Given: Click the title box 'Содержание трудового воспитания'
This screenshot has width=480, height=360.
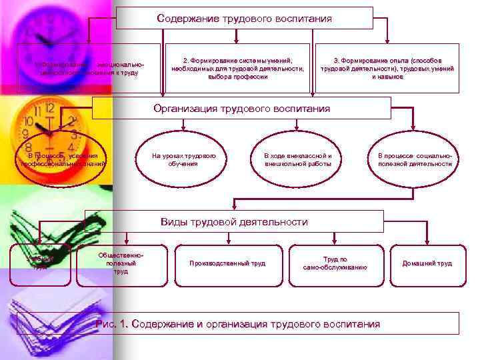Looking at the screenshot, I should (244, 19).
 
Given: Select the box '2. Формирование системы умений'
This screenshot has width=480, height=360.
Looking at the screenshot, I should (237, 68).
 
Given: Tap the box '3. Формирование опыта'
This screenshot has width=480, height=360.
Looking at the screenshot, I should (387, 68).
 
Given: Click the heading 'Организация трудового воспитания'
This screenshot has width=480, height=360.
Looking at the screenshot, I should (241, 108).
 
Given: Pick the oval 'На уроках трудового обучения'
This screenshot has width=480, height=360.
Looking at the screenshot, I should (183, 159).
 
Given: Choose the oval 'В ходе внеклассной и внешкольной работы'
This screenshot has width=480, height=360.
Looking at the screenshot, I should (297, 159).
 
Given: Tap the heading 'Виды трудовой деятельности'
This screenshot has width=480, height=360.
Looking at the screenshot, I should (234, 221).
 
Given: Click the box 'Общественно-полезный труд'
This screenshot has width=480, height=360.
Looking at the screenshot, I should (121, 263).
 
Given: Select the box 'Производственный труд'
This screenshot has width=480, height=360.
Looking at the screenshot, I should (227, 263).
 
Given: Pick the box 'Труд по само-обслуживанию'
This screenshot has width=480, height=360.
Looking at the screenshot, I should (335, 263).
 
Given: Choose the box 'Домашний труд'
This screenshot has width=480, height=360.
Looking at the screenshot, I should (427, 263).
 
